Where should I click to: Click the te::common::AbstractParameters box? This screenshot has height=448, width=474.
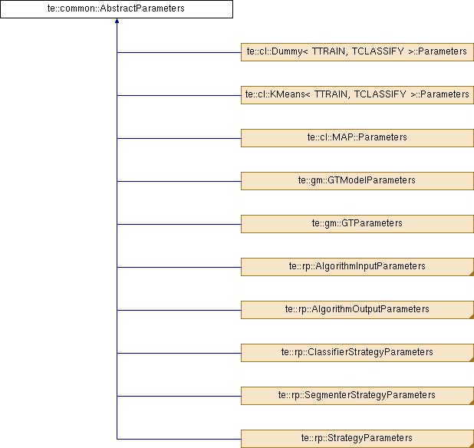pos(117,9)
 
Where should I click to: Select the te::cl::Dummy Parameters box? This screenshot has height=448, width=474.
pos(357,52)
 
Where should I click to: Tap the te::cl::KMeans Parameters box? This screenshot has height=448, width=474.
pos(357,95)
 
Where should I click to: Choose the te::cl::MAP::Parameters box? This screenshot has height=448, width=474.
pos(357,138)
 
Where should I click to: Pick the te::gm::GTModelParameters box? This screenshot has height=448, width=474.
pos(357,181)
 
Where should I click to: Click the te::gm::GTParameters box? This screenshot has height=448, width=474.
pos(357,224)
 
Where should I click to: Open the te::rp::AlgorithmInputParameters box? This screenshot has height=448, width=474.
pos(357,267)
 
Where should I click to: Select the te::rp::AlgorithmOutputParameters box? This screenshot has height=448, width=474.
pos(357,310)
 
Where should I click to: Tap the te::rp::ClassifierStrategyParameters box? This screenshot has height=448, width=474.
pos(357,352)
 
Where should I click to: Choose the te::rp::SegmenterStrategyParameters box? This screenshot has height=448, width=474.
pos(357,395)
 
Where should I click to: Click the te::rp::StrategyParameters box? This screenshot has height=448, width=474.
pos(357,439)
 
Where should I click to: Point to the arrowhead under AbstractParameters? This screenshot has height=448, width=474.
pos(117,21)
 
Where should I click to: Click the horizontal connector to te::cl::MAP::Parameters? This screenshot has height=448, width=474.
pos(179,138)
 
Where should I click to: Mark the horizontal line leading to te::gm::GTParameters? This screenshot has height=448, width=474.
pos(179,224)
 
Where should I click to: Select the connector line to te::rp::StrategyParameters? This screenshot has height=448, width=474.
pos(179,439)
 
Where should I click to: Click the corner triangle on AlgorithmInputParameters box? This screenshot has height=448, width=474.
pos(472,274)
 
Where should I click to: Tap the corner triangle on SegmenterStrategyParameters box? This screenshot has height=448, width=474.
pos(472,403)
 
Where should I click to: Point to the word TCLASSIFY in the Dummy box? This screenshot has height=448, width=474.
pos(377,51)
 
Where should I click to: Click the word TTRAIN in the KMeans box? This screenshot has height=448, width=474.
pos(331,94)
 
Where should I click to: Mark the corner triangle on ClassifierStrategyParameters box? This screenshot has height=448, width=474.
pos(472,360)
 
